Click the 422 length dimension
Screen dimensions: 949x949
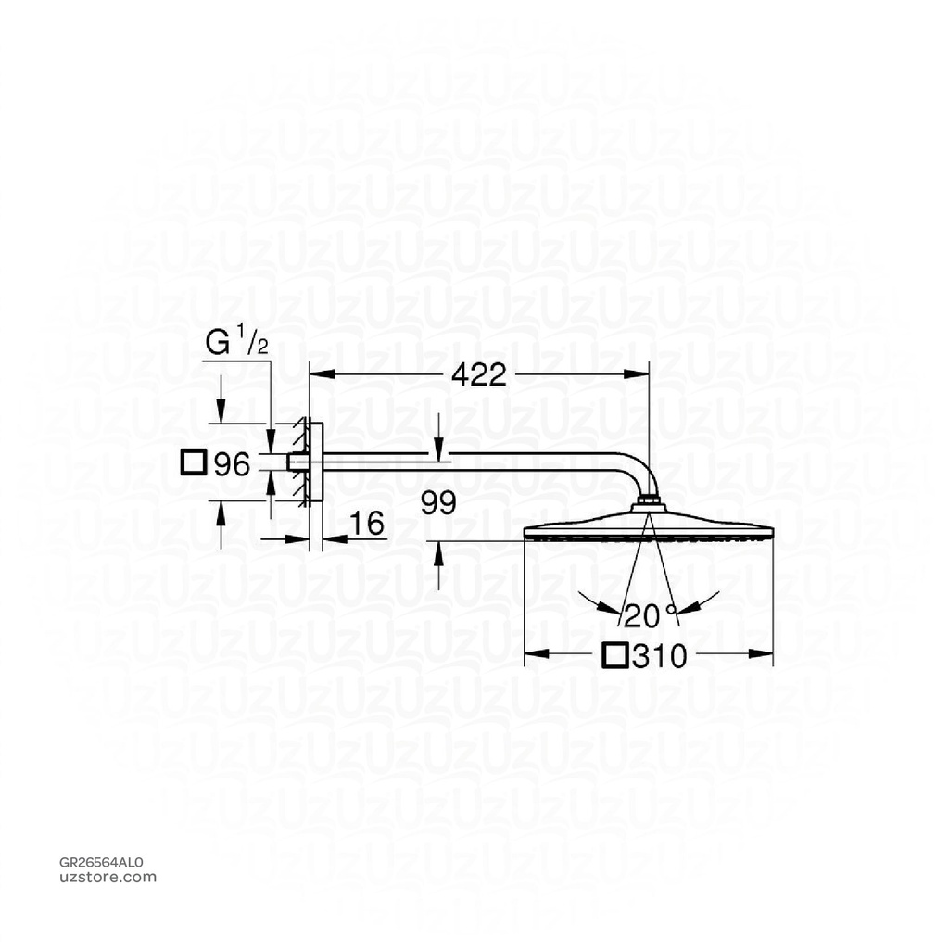(x=479, y=374)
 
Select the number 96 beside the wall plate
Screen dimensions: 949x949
(x=233, y=464)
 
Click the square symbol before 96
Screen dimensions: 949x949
(x=194, y=462)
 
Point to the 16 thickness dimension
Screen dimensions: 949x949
(x=367, y=525)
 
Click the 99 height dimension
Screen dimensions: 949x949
(x=438, y=503)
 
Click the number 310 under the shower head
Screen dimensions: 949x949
(x=659, y=656)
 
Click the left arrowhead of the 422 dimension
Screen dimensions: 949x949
(x=316, y=374)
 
